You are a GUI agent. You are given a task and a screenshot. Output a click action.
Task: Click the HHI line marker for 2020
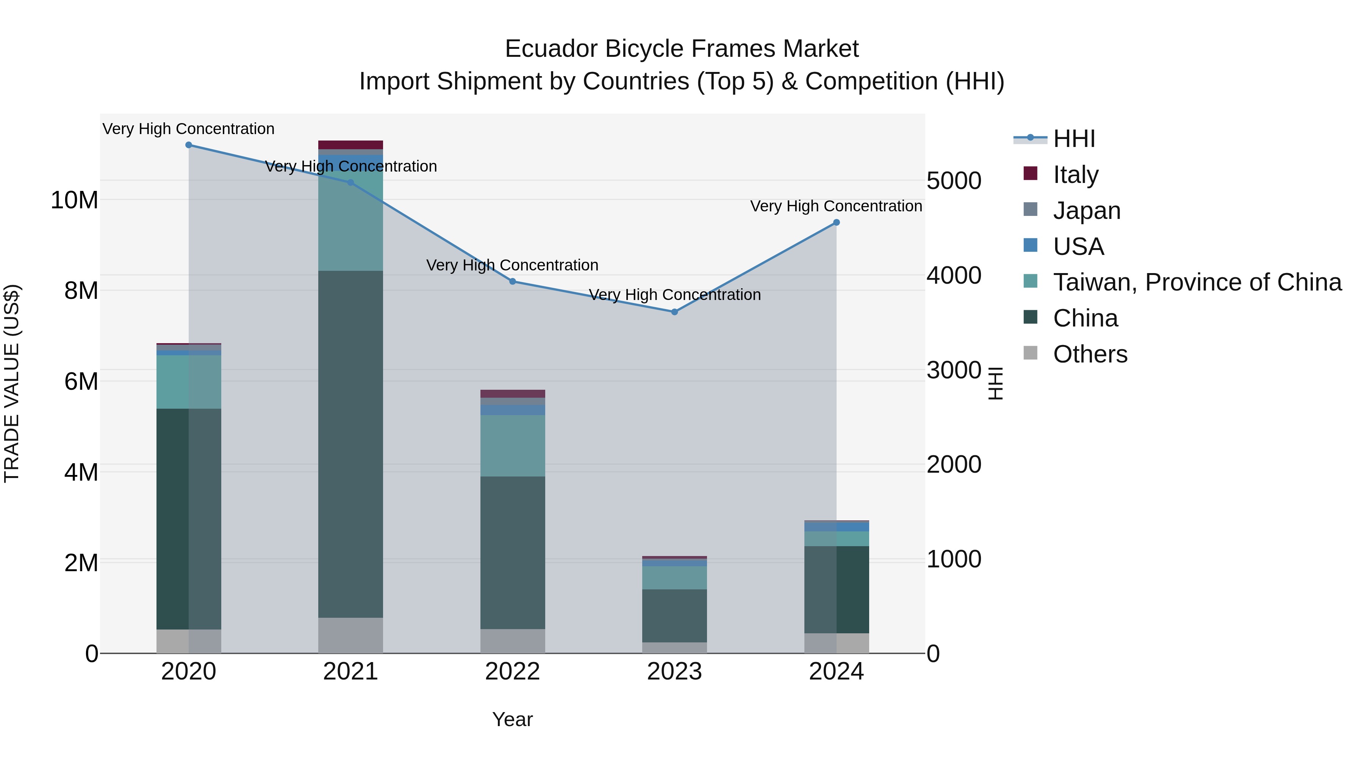189,145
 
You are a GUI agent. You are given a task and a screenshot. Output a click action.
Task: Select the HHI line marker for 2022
513,281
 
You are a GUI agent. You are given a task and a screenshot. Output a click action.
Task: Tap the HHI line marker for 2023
674,312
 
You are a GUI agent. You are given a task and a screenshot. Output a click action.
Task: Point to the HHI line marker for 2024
837,223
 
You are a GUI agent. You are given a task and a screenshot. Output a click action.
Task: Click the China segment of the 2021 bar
350,445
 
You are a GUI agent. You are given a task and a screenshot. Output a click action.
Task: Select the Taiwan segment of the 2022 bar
513,446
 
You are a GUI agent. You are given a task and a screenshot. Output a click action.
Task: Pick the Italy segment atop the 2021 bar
350,145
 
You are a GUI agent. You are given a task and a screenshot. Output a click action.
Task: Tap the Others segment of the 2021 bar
350,635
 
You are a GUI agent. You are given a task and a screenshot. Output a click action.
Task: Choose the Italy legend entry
1075,175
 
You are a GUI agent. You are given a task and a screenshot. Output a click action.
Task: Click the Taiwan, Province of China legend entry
1197,282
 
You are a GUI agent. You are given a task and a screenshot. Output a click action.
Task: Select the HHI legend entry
1073,139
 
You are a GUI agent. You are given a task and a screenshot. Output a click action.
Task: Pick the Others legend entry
1090,354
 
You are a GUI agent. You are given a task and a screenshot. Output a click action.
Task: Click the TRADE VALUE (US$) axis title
12,383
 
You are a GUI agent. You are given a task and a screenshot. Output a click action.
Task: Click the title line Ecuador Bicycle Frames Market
682,49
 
